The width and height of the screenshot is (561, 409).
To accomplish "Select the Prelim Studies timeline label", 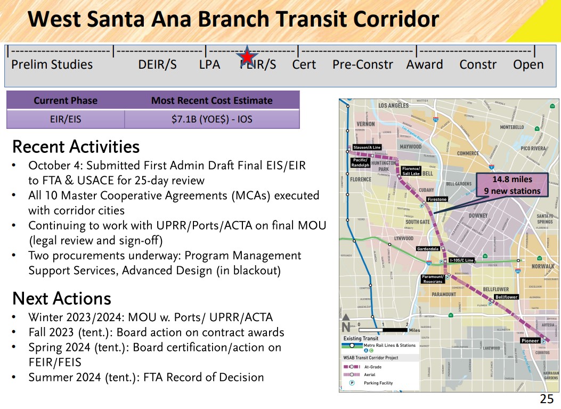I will click(52, 65).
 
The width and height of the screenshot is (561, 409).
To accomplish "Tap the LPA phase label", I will click(209, 65).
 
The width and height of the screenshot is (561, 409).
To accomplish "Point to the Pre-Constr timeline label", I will click(362, 65).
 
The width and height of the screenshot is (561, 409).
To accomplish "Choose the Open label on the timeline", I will click(528, 65).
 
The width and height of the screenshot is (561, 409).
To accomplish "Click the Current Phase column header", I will click(66, 101).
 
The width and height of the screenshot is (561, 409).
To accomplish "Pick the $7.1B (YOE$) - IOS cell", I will click(212, 119).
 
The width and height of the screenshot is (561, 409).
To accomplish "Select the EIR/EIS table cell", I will click(66, 119).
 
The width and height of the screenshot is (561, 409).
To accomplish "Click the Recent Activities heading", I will click(76, 146).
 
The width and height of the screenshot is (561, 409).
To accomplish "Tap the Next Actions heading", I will click(61, 298).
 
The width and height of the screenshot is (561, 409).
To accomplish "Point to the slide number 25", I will click(547, 399).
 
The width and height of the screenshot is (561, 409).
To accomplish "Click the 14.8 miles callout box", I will click(512, 185).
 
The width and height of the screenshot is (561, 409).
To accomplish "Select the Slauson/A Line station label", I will click(367, 148).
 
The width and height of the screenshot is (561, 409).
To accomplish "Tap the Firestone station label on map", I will click(437, 199).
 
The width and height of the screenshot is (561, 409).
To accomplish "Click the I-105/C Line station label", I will click(461, 260).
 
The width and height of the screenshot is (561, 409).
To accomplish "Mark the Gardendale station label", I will click(428, 249).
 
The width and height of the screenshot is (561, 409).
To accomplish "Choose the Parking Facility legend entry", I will click(378, 383).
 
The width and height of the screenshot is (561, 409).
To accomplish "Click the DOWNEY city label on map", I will click(478, 216).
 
